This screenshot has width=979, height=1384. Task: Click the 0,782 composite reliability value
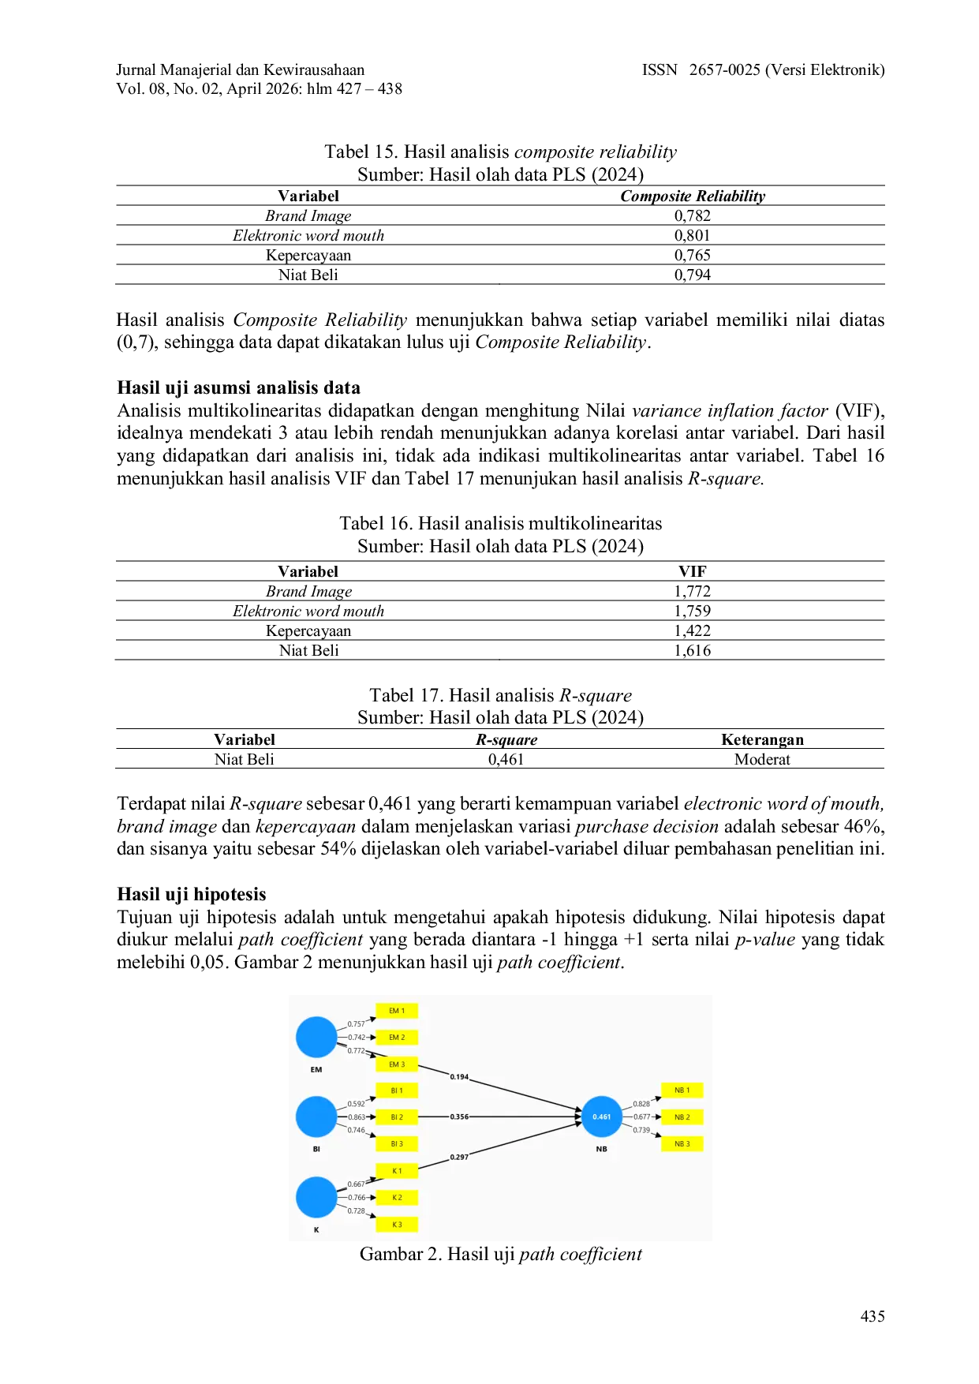(x=692, y=215)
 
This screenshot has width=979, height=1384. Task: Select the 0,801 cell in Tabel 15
(x=692, y=235)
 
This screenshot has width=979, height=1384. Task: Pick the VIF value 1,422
(x=692, y=630)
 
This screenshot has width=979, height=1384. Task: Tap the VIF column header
(x=692, y=571)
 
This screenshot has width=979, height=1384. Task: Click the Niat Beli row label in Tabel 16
(x=308, y=650)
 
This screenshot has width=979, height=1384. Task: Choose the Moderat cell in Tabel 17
(x=762, y=759)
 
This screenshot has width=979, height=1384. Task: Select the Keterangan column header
(x=762, y=739)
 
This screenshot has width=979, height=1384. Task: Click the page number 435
(x=873, y=1316)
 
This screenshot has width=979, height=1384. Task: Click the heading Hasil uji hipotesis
(x=192, y=894)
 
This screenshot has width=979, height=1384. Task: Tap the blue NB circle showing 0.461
(x=602, y=1117)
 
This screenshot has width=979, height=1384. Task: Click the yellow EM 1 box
(x=397, y=1011)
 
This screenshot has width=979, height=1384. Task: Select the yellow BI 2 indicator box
(x=397, y=1117)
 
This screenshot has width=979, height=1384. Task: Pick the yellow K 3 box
(x=397, y=1225)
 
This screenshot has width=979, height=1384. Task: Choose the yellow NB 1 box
(x=682, y=1090)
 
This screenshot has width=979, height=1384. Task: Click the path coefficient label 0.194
(x=459, y=1077)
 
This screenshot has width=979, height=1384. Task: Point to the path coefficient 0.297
(x=459, y=1157)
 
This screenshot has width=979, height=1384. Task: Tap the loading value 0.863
(x=357, y=1117)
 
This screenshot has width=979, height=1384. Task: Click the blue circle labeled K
(x=316, y=1197)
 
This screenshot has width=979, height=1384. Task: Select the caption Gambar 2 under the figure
(x=501, y=1255)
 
